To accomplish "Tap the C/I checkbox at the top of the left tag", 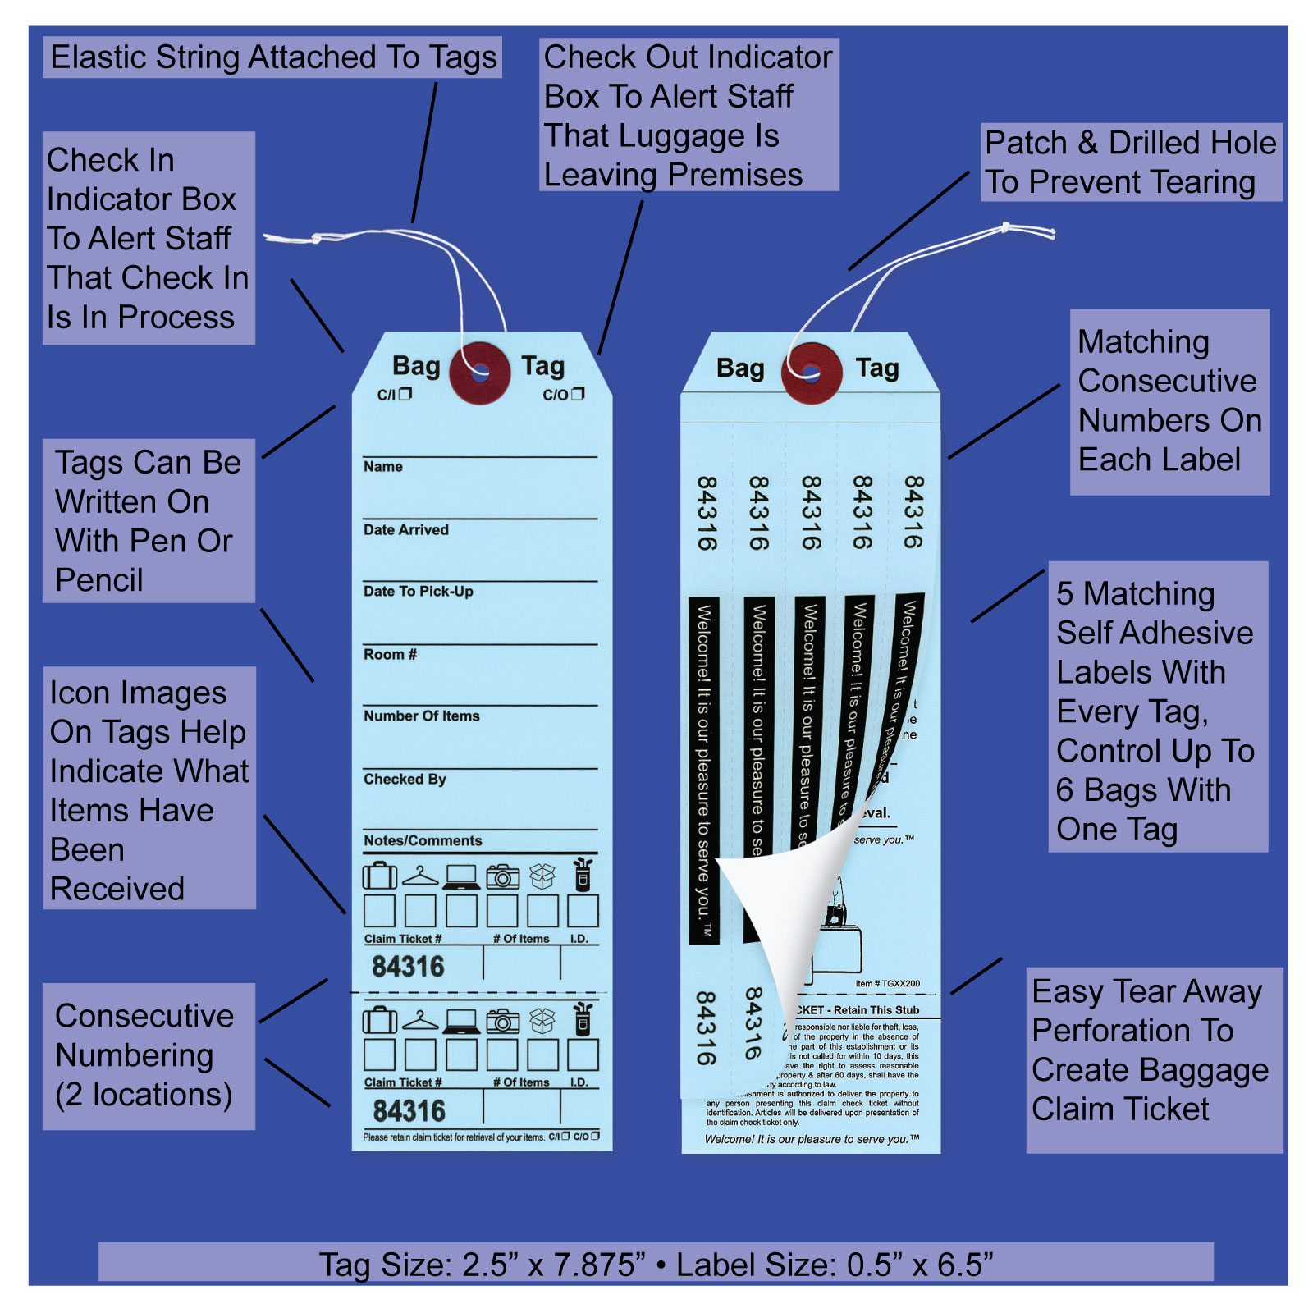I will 405,394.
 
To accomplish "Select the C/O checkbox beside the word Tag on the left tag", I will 578,394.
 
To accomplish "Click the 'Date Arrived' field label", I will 406,530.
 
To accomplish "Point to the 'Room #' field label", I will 391,654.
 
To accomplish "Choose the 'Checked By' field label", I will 405,779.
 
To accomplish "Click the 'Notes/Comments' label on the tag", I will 423,840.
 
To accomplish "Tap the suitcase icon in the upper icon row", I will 379,876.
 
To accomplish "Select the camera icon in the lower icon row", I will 502,1022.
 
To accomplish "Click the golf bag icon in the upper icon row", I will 583,875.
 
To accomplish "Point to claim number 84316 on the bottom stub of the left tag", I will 409,1111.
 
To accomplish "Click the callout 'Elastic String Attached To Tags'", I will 272,57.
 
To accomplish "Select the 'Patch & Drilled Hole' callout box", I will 1131,162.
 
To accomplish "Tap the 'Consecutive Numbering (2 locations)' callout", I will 149,1055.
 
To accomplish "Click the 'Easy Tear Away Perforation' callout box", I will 1153,1050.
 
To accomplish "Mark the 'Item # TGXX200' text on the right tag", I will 887,983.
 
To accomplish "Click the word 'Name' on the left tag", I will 383,467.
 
